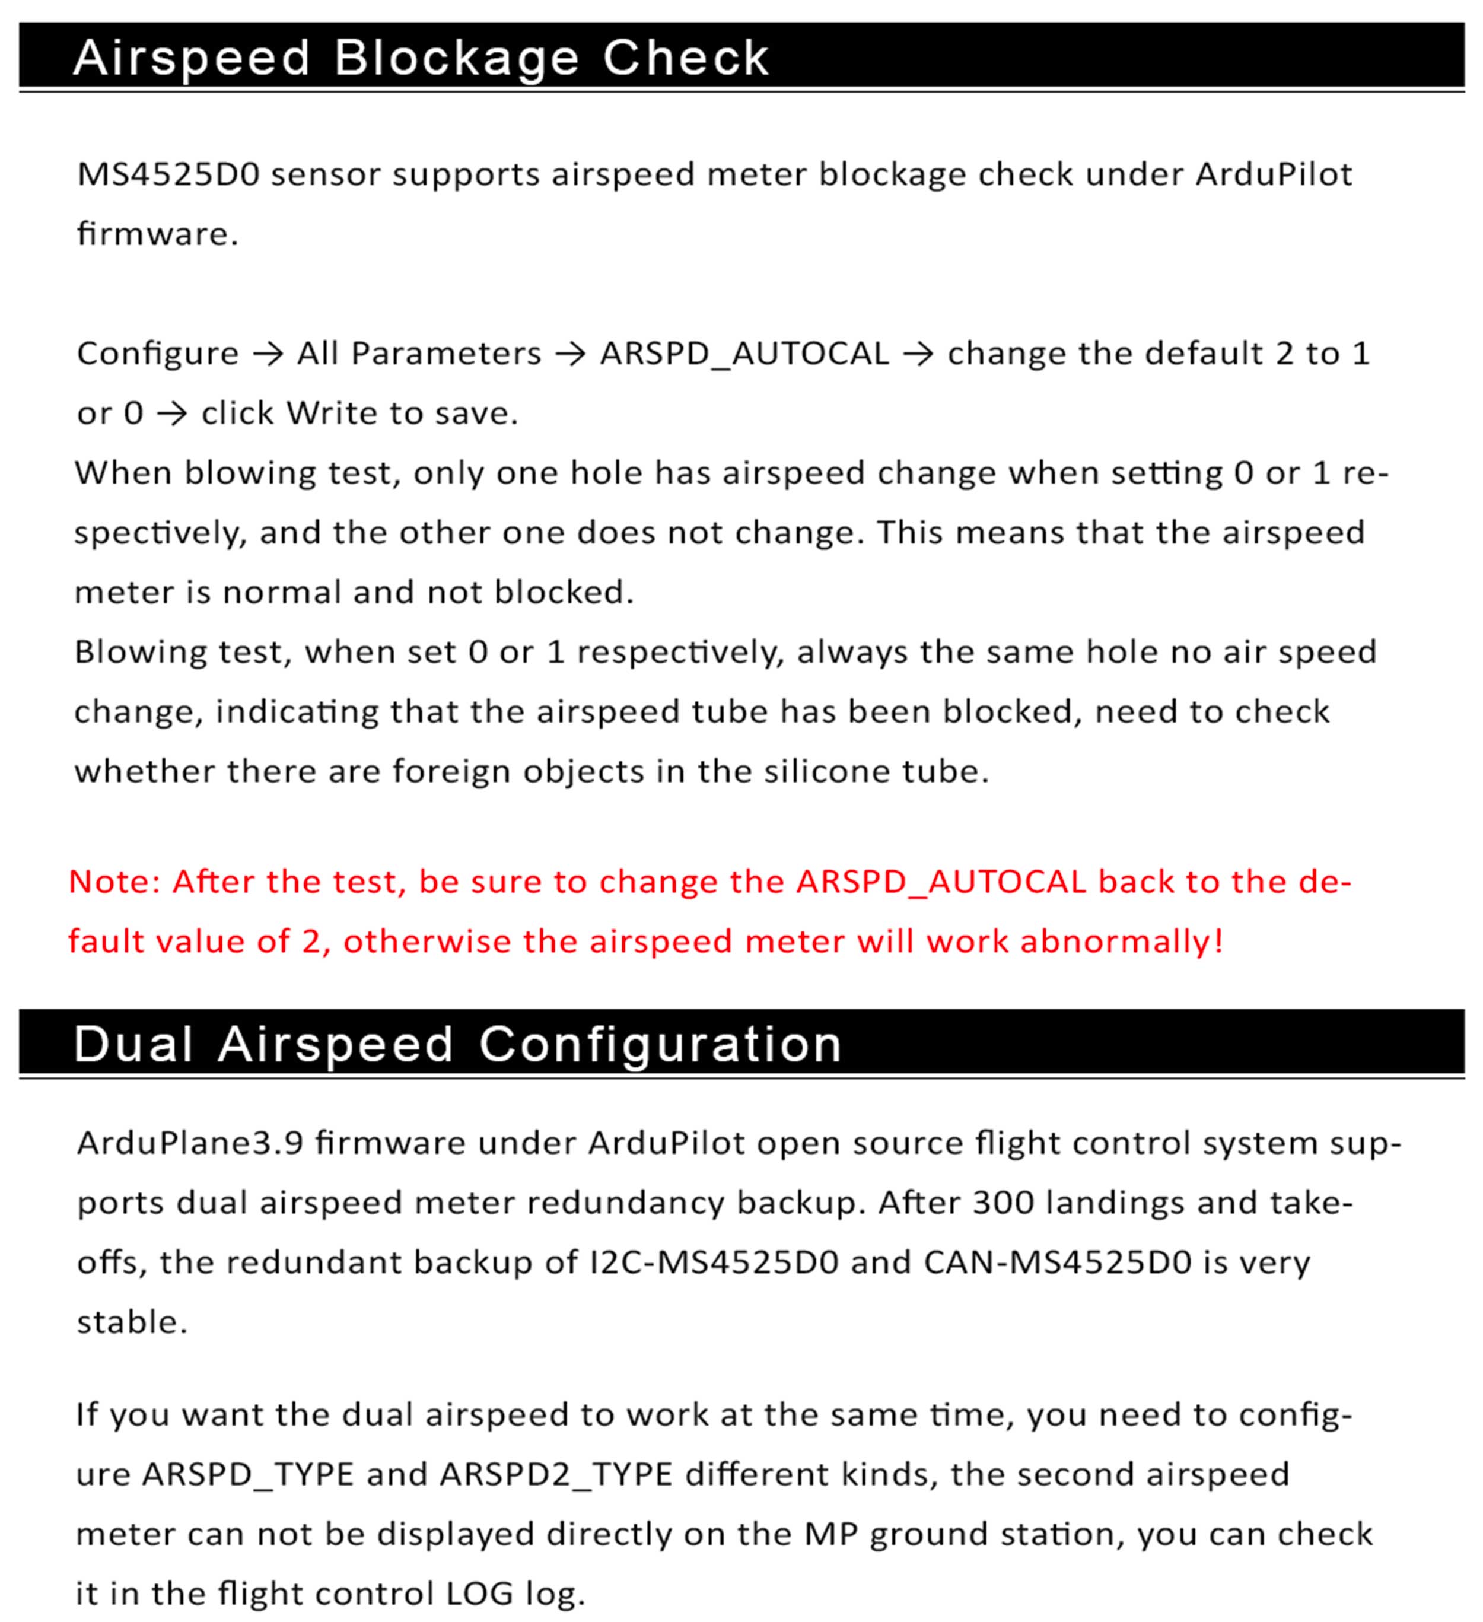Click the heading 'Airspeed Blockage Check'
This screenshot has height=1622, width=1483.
(421, 58)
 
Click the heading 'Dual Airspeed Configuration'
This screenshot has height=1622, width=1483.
(457, 1044)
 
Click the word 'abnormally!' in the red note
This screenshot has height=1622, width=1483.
(1122, 942)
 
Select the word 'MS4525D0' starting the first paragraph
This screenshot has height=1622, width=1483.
(168, 174)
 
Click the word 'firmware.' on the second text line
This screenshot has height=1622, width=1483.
(158, 234)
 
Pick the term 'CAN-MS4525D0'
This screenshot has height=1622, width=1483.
(1056, 1262)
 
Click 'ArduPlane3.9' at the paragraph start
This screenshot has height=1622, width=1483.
(190, 1143)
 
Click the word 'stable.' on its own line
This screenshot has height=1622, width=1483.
(132, 1322)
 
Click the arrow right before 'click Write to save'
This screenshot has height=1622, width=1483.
(171, 414)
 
